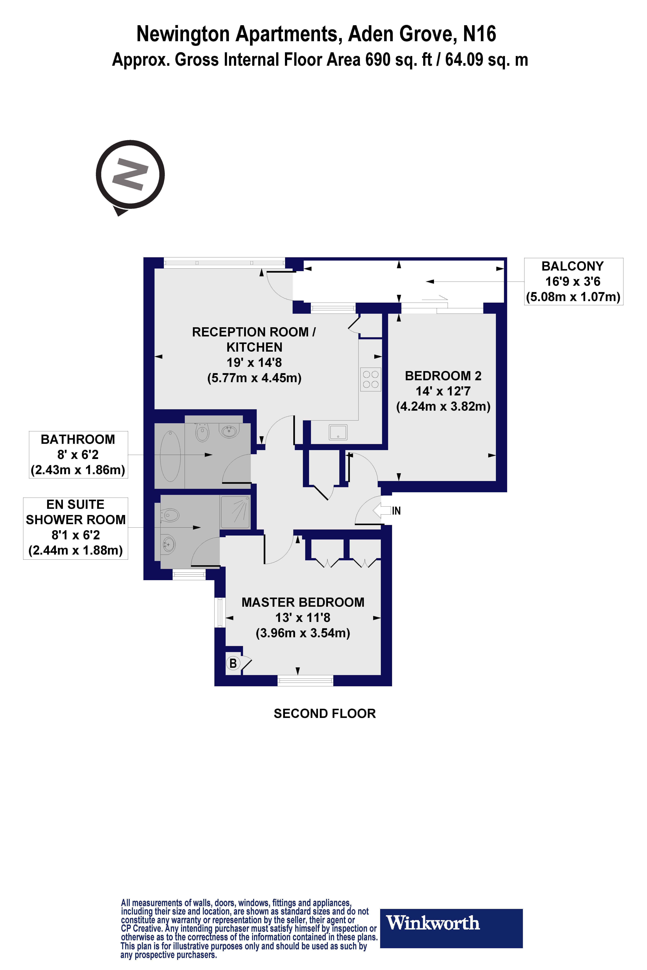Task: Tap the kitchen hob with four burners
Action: coord(371,379)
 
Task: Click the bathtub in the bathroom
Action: coord(170,456)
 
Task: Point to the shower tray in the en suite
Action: coord(235,512)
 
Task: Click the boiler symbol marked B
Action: coord(233,663)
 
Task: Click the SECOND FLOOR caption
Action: coord(325,714)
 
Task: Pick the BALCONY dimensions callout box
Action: coord(573,282)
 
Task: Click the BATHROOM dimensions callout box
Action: coord(78,454)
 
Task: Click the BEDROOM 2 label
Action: coord(443,376)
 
